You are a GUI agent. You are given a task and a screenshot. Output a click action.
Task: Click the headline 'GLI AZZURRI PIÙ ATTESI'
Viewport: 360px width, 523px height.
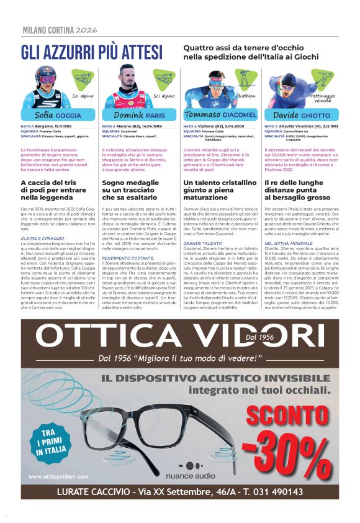point(91,52)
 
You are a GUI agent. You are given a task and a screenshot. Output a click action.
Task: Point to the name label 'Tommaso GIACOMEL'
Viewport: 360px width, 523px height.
point(220,115)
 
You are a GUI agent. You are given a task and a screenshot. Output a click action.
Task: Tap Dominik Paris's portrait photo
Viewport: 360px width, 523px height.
point(127,87)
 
